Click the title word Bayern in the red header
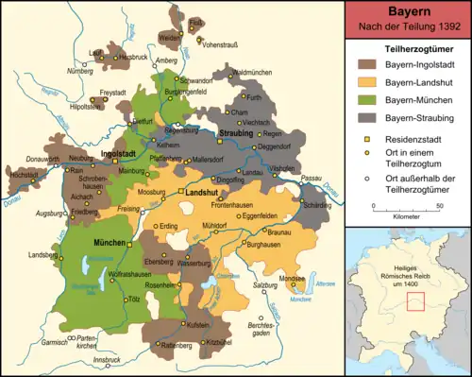pos(408,11)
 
